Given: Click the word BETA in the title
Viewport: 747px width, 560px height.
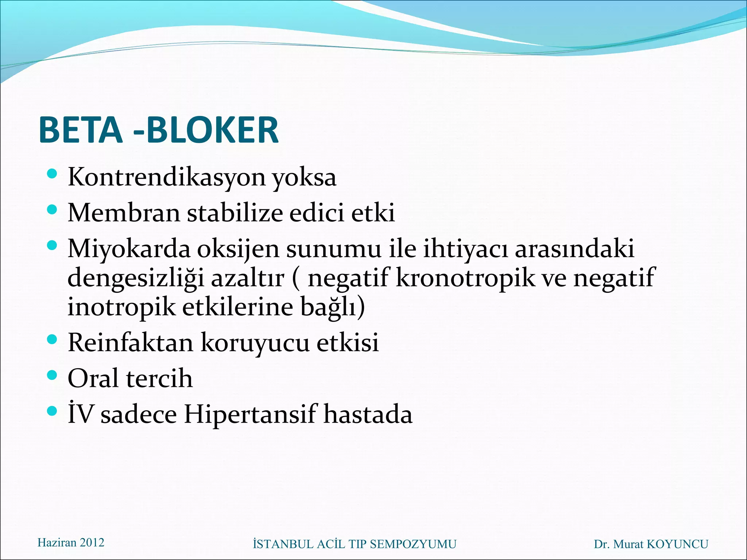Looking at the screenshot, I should coord(80,130).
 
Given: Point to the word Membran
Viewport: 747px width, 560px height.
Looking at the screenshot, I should coord(124,213).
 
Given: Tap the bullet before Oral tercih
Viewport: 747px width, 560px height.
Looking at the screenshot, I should coord(53,375).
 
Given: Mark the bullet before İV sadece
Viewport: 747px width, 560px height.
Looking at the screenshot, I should coord(53,411).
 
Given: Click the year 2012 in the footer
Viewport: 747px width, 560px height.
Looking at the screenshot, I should coord(92,542).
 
